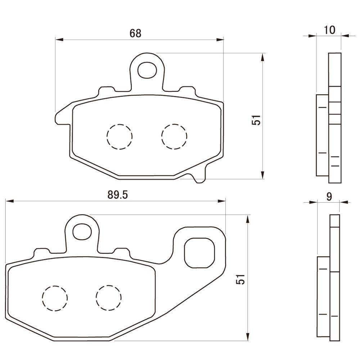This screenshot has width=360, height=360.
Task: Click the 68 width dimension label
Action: pyautogui.click(x=135, y=33)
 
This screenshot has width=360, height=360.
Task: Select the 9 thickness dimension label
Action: pyautogui.click(x=328, y=197)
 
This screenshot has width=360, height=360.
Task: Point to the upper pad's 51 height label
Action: pyautogui.click(x=256, y=120)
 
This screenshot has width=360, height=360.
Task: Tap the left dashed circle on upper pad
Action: pyautogui.click(x=120, y=136)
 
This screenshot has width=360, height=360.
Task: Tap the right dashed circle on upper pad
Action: pyautogui.click(x=174, y=136)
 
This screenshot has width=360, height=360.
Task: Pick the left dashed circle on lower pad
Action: pyautogui.click(x=55, y=298)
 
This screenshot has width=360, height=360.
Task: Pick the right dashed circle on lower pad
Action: pyautogui.click(x=109, y=298)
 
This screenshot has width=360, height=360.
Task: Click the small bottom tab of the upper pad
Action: pyautogui.click(x=199, y=177)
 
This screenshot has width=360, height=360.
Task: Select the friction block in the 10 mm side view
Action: pyautogui.click(x=322, y=135)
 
